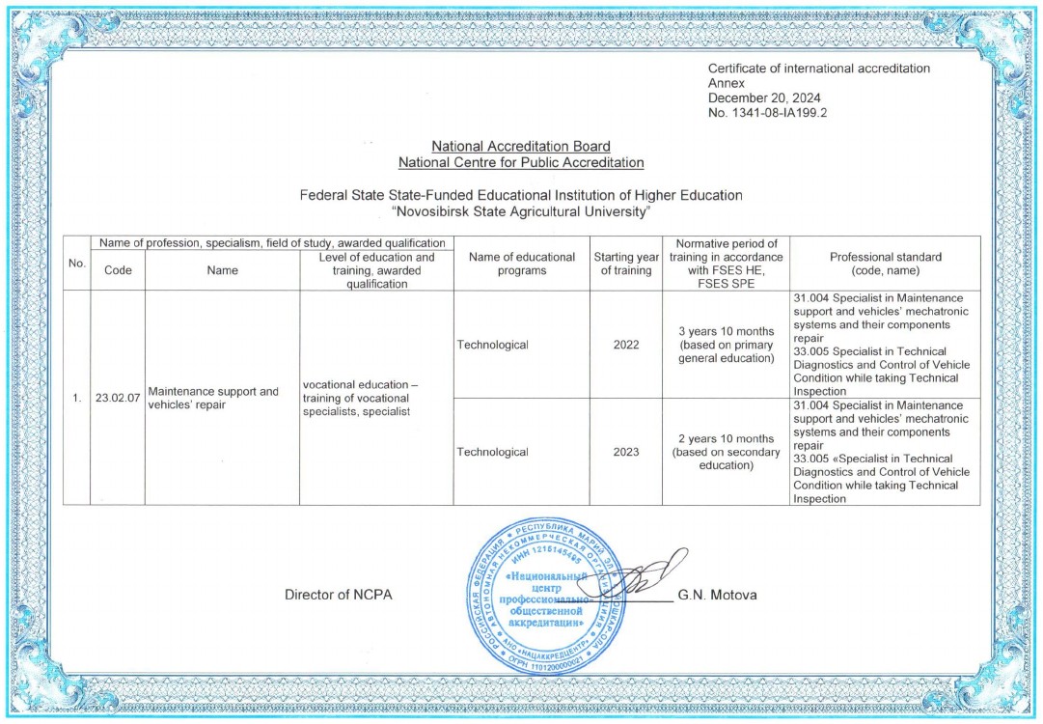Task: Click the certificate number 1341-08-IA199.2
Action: point(768,113)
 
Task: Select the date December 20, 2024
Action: point(764,98)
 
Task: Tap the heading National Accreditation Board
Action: point(521,147)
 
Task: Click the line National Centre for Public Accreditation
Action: point(521,162)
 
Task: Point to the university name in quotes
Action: point(521,210)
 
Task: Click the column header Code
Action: point(118,270)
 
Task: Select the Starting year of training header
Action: point(625,264)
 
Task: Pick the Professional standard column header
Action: point(885,264)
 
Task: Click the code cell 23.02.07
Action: point(117,398)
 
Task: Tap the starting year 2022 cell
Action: point(625,345)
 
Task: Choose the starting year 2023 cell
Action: point(625,452)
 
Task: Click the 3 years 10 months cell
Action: point(726,345)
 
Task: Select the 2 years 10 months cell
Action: point(726,452)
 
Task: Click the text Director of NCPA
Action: point(338,595)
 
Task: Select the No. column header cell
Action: point(76,264)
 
